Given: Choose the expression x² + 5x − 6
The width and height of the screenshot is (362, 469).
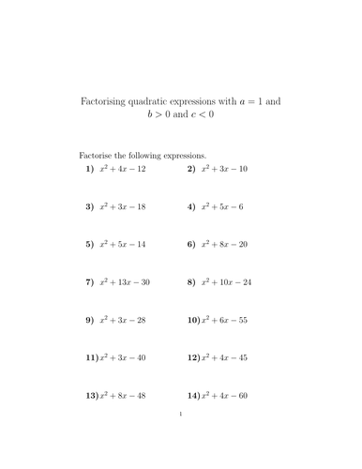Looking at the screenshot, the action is [222, 206].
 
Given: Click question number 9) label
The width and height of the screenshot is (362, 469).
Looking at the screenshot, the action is [90, 320].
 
